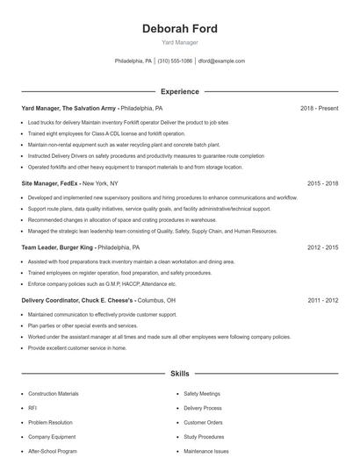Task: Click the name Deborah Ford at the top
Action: coord(180,28)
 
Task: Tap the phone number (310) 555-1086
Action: coord(175,61)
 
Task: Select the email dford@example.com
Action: coord(221,61)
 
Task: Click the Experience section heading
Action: coord(180,91)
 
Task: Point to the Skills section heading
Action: coord(180,374)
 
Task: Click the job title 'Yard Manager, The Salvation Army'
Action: coord(68,108)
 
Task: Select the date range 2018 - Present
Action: coord(319,108)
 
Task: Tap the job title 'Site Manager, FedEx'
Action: coord(51,183)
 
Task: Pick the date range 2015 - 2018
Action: coord(322,183)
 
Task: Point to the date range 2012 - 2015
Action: coord(322,248)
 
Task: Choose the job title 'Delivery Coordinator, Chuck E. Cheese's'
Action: coord(77,300)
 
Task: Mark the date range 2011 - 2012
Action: coord(322,300)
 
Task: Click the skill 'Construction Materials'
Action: coord(53,394)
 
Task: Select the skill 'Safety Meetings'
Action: coord(202,394)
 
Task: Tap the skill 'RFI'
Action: coord(32,408)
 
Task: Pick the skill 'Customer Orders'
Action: coord(203,422)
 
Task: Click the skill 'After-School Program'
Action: coord(52,451)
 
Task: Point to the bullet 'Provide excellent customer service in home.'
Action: coord(77,347)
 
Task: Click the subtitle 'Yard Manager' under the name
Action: coord(180,42)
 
